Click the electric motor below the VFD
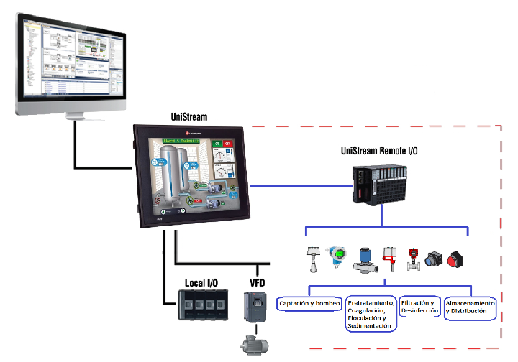coord(256,344)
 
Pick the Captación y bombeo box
coord(308,304)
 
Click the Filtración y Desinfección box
coord(419,307)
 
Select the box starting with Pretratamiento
coord(371,312)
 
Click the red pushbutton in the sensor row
coord(455,259)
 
